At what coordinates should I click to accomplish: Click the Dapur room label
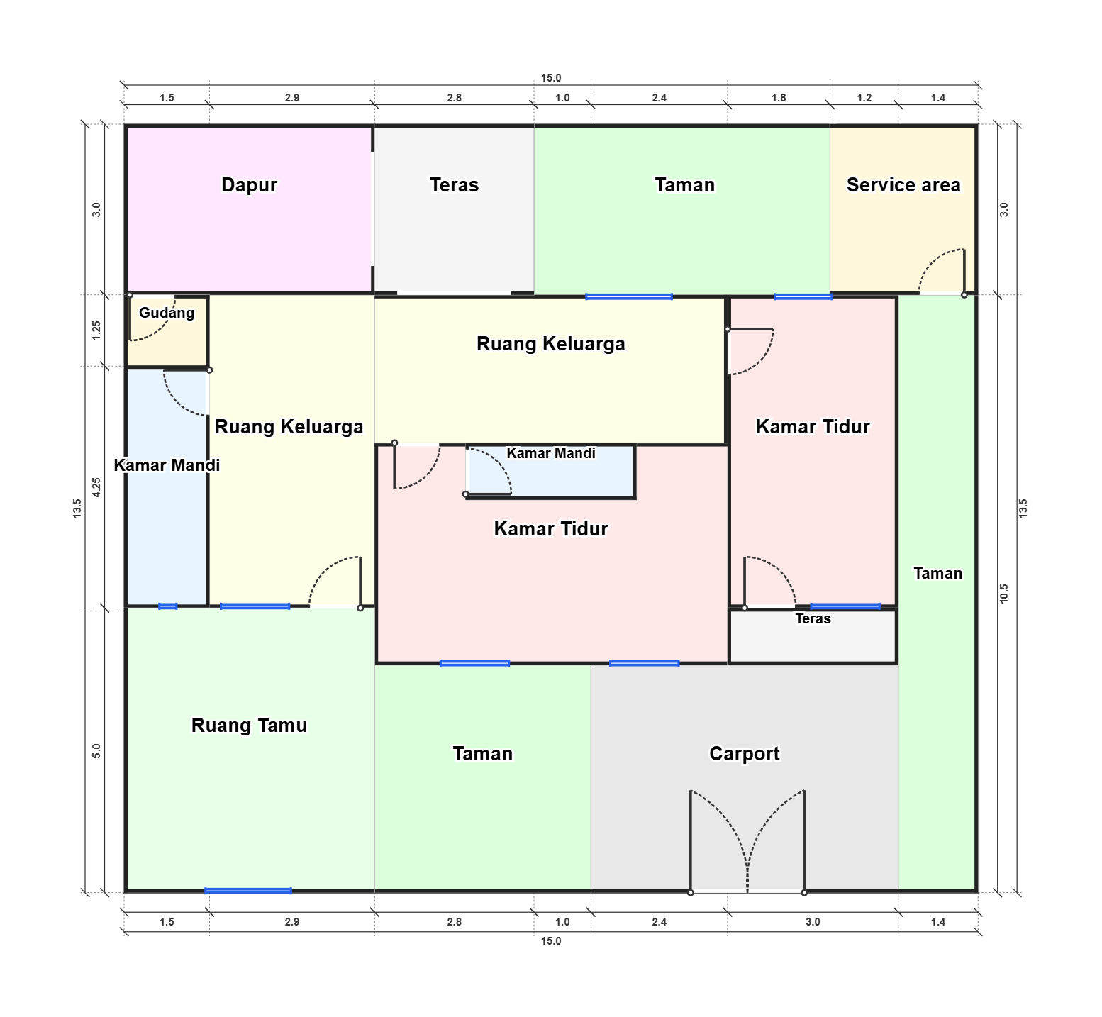tap(249, 185)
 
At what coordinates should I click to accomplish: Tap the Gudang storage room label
tap(167, 313)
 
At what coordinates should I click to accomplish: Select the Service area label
tap(903, 185)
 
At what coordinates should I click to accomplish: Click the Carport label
tap(745, 753)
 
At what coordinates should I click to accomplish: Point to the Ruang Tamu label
tap(249, 725)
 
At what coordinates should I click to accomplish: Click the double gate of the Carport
tap(747, 842)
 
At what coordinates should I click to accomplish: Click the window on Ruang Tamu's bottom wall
tap(248, 891)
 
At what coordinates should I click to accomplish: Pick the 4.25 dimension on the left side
tap(96, 487)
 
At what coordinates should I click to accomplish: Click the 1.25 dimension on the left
tap(96, 330)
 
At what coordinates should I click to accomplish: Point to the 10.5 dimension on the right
tap(1003, 594)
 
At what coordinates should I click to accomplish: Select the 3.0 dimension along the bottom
tap(813, 922)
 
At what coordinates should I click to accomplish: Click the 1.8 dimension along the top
tap(779, 98)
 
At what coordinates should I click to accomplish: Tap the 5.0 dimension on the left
tap(96, 750)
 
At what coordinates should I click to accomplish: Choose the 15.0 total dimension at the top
tap(551, 78)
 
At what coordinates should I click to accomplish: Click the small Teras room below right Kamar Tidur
tap(813, 636)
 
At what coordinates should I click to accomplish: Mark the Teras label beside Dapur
tap(454, 185)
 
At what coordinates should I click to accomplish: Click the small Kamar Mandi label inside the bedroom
tap(551, 453)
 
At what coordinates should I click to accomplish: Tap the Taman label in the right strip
tap(937, 574)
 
